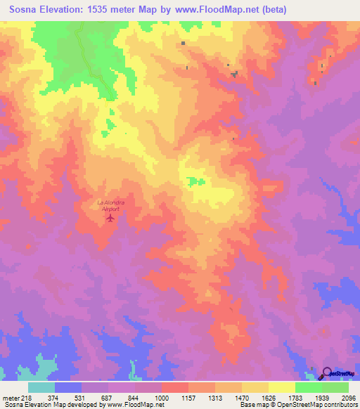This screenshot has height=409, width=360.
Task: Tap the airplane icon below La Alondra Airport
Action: (x=110, y=218)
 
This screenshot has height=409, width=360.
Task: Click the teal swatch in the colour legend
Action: (x=41, y=387)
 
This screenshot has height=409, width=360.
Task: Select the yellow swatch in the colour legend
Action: (x=282, y=387)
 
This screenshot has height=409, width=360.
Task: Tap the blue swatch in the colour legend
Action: (x=68, y=387)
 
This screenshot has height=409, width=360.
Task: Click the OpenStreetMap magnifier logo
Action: (x=326, y=373)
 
